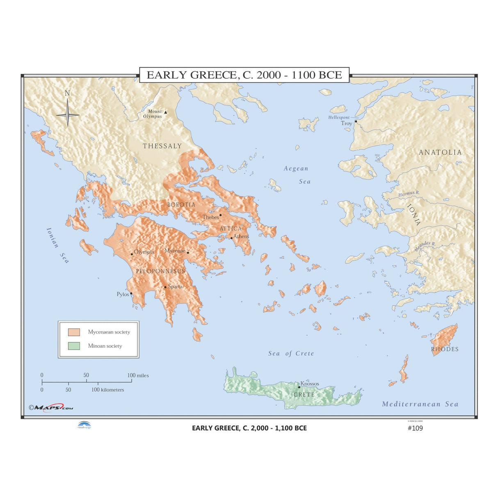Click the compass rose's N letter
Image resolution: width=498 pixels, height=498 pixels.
pos(67,93)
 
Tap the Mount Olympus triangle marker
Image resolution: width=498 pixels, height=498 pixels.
pos(165,112)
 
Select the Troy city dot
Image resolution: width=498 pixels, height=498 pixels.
pos(356,121)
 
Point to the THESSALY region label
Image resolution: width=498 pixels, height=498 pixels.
pos(162,146)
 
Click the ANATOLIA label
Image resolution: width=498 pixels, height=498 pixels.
pos(440,152)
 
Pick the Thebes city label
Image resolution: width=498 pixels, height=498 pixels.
pos(210,217)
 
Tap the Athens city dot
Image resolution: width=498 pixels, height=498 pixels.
pos(231,238)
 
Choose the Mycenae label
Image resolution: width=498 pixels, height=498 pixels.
pos(175,251)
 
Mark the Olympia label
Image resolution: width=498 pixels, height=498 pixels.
pos(144,252)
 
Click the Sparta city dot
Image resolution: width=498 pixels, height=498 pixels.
pos(165,287)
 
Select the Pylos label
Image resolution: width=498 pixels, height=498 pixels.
pos(123,294)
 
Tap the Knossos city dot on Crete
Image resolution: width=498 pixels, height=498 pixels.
pos(299,387)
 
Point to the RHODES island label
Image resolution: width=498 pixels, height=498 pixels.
pos(445,349)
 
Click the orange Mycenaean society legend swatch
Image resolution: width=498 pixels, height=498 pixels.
pos(74,332)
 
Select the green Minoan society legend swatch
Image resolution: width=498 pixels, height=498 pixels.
pos(74,346)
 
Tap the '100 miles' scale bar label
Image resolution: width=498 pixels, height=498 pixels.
pos(138,375)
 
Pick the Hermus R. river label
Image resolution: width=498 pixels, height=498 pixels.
pos(409,194)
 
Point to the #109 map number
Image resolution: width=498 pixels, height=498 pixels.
pos(415,428)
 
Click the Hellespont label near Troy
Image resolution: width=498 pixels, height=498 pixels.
pos(339,117)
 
